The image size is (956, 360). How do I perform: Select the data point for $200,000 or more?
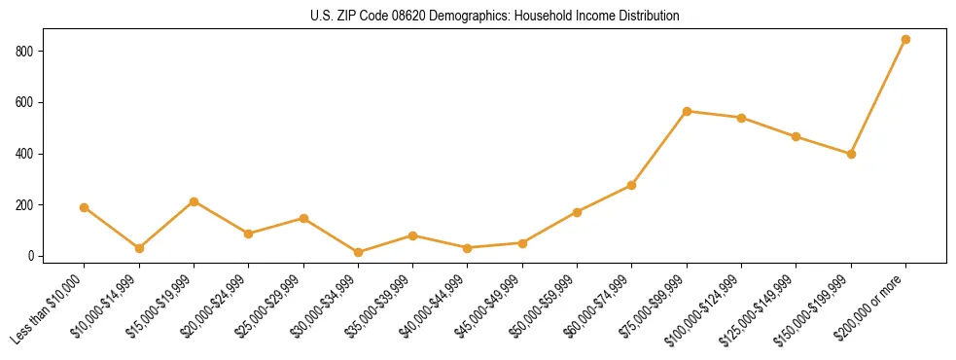(905, 40)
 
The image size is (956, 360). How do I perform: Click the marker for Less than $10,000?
(84, 207)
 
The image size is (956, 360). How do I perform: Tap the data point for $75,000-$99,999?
(687, 111)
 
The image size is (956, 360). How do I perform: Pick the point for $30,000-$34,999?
(358, 252)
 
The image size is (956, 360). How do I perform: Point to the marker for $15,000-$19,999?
(194, 201)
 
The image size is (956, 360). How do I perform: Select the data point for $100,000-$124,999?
(741, 118)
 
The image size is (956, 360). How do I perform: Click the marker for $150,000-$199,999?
(851, 154)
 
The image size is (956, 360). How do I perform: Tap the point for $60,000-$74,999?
(632, 185)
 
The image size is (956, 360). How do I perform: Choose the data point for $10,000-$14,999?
(139, 248)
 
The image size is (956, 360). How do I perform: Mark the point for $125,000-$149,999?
(797, 136)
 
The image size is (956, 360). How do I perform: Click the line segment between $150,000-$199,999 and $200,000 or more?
(878, 97)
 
